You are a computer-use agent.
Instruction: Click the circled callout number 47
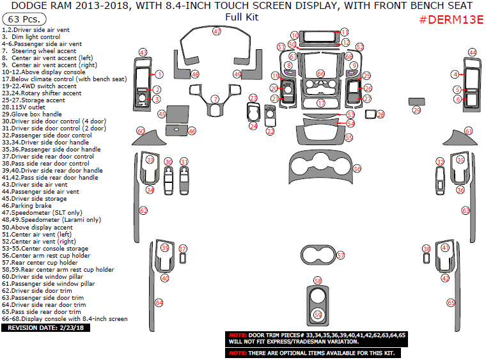click(217, 31)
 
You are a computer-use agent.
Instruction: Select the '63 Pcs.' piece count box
click(20, 20)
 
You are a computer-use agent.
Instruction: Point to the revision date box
click(47, 327)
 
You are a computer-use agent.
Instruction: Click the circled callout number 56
click(357, 169)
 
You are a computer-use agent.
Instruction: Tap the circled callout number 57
click(341, 255)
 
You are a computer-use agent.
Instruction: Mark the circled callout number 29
click(416, 111)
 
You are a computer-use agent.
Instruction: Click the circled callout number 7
click(216, 99)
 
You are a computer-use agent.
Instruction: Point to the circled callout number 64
click(159, 302)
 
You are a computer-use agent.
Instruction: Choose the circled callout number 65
click(450, 302)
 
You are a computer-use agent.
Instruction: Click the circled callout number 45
click(162, 114)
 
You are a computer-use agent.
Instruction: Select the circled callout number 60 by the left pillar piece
click(141, 131)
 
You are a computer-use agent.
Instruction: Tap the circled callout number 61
click(469, 131)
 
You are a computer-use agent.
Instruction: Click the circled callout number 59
click(318, 314)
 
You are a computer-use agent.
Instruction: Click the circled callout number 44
click(472, 52)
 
